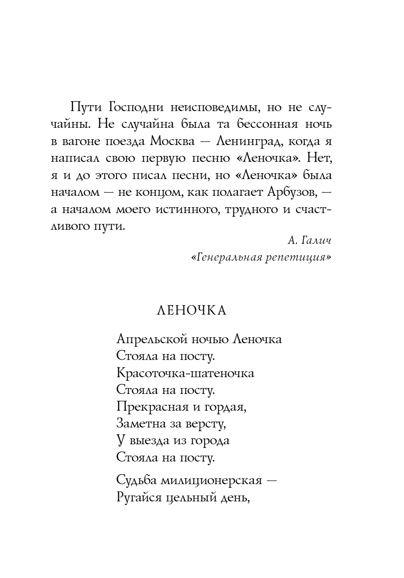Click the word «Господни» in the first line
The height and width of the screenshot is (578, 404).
(135, 108)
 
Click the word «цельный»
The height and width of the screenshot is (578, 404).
(191, 497)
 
